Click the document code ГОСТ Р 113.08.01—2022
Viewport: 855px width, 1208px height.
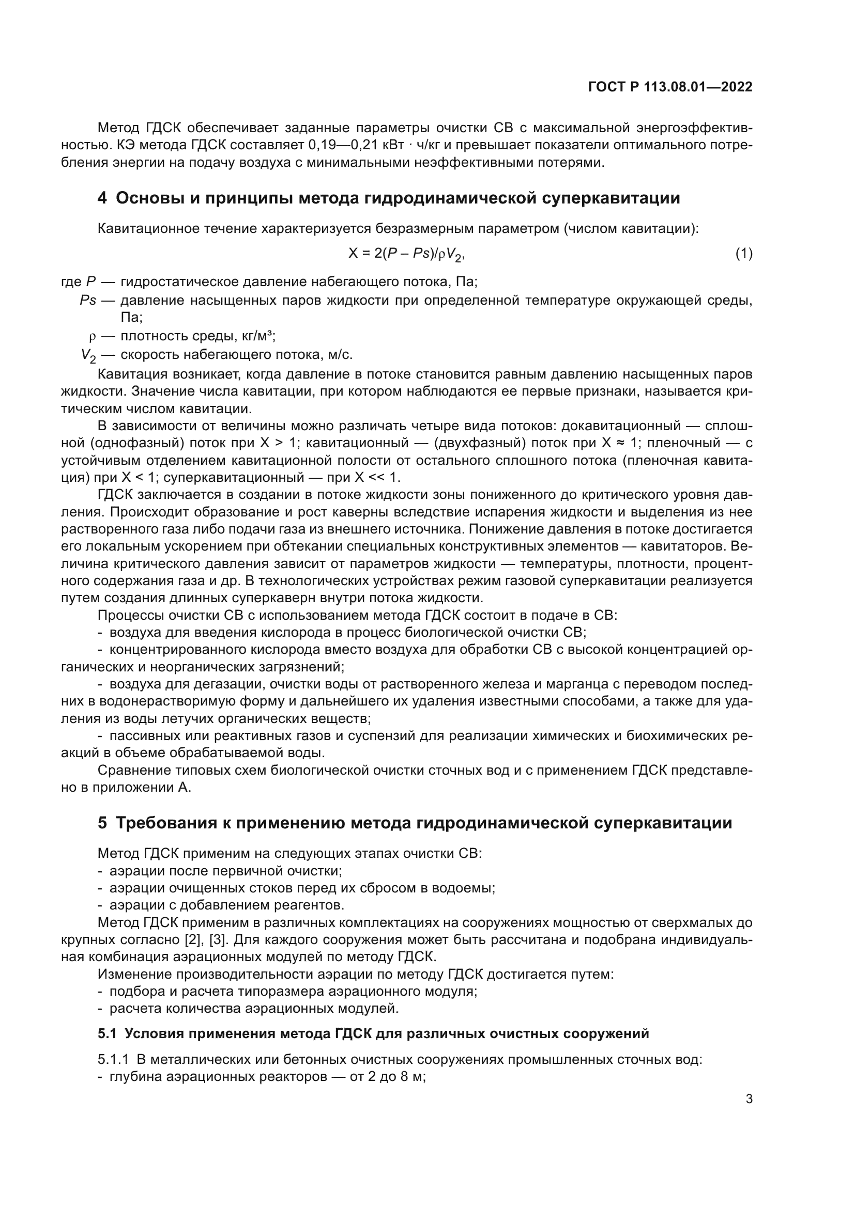coord(669,87)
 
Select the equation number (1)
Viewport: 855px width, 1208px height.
coord(743,254)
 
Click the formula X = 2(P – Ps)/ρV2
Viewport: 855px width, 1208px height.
coord(406,255)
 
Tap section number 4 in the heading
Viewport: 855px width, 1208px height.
coord(102,198)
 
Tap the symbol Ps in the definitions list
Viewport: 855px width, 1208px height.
coord(88,301)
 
